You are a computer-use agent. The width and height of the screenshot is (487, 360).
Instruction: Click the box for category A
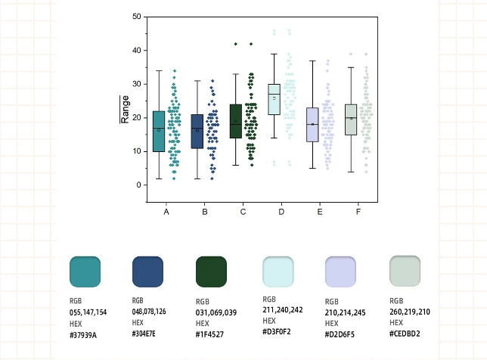(x=159, y=131)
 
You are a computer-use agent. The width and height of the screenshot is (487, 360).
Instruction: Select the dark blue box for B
(x=197, y=132)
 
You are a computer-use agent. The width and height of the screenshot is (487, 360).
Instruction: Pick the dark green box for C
(x=236, y=121)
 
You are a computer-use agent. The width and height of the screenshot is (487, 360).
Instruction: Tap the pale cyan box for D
(x=275, y=99)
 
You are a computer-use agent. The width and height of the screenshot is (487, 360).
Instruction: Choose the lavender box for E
(x=312, y=124)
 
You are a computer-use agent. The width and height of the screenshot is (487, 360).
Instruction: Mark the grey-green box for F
(x=351, y=119)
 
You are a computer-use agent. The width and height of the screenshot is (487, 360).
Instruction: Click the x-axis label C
(x=243, y=212)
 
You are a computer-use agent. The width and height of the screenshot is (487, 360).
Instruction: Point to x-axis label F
(x=358, y=212)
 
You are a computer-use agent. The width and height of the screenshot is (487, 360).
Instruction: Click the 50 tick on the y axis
(x=136, y=17)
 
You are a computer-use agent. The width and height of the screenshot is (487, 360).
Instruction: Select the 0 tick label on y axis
(x=138, y=185)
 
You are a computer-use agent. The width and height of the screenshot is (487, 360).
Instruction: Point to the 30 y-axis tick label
(x=136, y=84)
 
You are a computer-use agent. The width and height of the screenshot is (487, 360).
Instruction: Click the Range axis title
(x=126, y=109)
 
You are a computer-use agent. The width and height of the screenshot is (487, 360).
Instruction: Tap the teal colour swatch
(x=85, y=272)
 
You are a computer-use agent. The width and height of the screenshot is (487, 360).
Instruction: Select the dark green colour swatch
(x=212, y=272)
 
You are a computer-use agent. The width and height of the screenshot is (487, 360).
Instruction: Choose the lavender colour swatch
(x=340, y=272)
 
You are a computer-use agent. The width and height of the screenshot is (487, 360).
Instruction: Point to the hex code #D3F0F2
(x=278, y=331)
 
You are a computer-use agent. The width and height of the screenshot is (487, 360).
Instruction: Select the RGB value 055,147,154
(x=88, y=312)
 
